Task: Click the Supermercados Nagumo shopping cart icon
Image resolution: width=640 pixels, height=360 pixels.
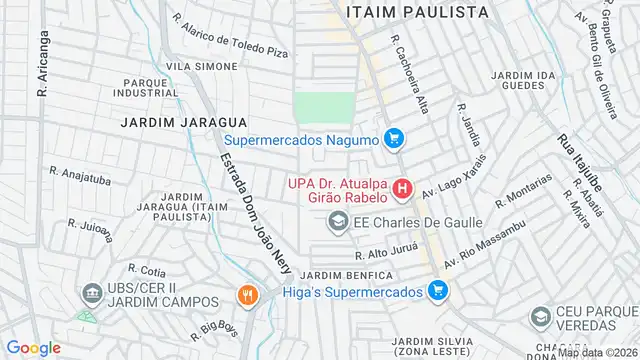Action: point(394,139)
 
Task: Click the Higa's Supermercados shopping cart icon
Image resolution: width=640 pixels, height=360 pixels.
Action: point(436,291)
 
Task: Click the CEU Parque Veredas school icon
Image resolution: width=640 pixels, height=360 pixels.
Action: point(540,318)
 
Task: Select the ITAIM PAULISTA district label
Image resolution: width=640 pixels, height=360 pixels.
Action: point(417,12)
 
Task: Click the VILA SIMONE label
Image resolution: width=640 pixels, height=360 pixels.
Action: point(202,66)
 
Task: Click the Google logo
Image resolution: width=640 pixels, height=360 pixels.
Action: point(33,347)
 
